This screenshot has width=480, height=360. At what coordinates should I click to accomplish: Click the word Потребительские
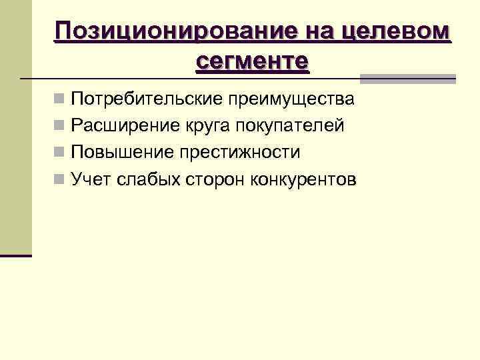147,100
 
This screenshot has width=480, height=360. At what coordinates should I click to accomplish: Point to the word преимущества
292,100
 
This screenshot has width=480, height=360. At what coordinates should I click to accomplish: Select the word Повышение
122,152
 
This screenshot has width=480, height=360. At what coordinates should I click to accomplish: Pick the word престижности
239,152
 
